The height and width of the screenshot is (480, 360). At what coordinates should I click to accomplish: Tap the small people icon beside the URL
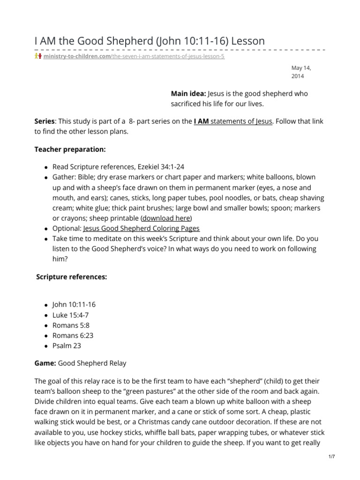tap(37, 56)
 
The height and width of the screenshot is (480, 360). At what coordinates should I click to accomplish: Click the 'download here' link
tap(166, 218)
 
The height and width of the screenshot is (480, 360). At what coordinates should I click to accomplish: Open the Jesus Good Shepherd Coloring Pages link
tap(141, 228)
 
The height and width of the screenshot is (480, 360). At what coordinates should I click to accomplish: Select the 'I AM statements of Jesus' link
tap(233, 121)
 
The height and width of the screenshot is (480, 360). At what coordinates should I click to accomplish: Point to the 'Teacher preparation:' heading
tap(70, 149)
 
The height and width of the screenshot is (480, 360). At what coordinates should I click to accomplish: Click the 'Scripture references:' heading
tap(72, 277)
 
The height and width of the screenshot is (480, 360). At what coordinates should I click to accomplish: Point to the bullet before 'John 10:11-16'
tap(46, 305)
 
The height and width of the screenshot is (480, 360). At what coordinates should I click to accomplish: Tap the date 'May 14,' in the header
tap(301, 68)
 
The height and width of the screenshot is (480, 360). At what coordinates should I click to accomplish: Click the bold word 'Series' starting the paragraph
tap(45, 121)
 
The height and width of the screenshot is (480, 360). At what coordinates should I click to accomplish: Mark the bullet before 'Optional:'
tap(46, 229)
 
